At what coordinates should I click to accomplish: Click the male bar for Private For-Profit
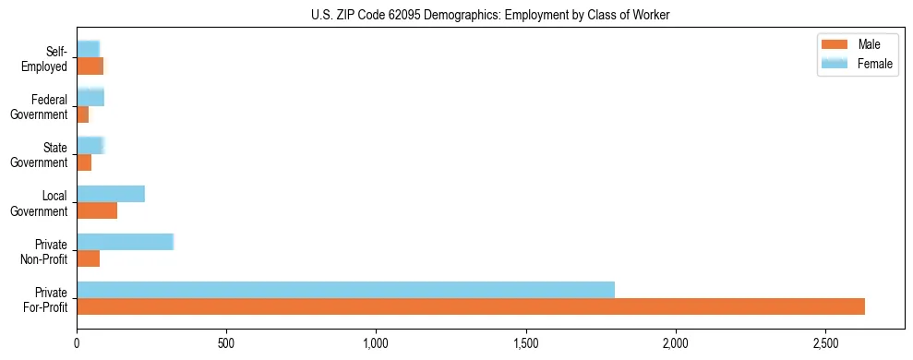click(471, 306)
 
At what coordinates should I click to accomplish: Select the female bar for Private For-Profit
click(345, 289)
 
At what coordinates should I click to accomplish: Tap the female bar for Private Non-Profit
click(125, 242)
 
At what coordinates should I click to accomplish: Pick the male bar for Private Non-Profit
click(88, 258)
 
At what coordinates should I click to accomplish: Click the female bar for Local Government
click(111, 194)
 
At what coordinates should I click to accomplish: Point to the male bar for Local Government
click(97, 210)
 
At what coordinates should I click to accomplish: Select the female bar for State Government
click(90, 145)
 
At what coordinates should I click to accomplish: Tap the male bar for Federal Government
click(83, 114)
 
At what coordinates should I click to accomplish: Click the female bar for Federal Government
click(90, 97)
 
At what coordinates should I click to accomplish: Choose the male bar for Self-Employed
click(90, 66)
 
